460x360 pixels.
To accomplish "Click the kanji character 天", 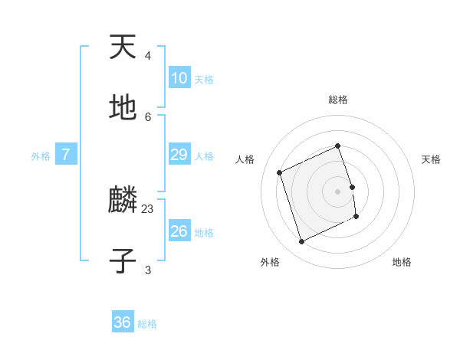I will pos(123,47).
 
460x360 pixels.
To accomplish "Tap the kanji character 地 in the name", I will pos(123,108).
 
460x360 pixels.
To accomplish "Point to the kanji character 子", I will pos(123,261).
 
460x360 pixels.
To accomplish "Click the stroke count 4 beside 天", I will pos(148,56).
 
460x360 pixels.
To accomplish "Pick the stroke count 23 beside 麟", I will pos(148,208).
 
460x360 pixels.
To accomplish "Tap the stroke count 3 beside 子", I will pos(148,270).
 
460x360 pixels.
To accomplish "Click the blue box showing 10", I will pos(179,78).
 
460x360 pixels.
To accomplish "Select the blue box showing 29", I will pos(179,155).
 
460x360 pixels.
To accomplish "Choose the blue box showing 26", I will pos(179,231).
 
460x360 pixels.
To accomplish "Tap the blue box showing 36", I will pos(123,322).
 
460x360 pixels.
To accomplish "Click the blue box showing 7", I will pos(66,155).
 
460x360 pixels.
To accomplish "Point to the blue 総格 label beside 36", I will pos(147,324).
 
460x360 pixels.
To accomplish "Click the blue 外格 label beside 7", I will pos(41,156).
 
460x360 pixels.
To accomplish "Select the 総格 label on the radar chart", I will pos(338,100).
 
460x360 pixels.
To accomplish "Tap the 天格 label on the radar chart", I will pos(431,159).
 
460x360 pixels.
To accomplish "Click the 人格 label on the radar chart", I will pos(245,159).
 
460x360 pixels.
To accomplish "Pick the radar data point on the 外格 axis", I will pos(302,242).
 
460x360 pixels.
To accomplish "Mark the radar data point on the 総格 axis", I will pos(338,146).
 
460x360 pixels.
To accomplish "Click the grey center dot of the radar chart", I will pos(338,191).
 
